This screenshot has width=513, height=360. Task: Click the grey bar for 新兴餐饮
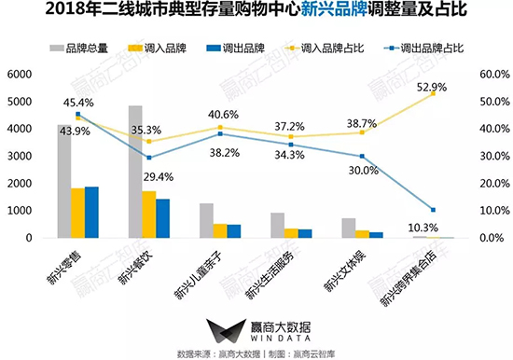tap(135, 172)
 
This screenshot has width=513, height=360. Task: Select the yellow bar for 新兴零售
tap(78, 213)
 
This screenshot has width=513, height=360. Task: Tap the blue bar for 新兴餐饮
tap(163, 218)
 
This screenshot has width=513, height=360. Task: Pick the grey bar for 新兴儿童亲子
tap(206, 220)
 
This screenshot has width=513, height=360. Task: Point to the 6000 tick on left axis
tap(20, 75)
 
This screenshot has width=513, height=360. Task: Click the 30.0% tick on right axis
tap(490, 156)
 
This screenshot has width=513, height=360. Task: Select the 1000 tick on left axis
tap(20, 211)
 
